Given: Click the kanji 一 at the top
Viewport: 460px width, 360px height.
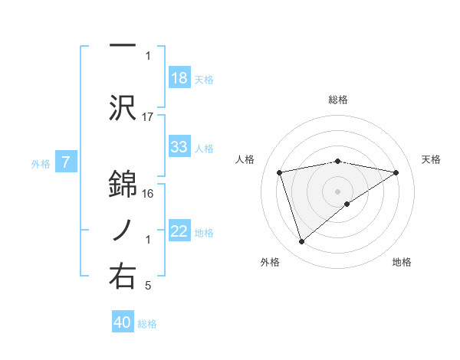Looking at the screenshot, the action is point(123,46).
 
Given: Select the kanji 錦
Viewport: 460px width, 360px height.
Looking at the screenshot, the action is point(123,182).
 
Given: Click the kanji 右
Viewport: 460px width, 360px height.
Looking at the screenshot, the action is point(123,276).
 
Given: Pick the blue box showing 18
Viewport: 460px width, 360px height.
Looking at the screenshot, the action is point(179,78).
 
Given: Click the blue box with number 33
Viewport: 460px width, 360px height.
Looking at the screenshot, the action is point(179,147).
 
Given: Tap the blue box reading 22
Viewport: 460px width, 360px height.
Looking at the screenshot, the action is point(179,232).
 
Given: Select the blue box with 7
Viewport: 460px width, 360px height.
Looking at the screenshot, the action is point(66,162).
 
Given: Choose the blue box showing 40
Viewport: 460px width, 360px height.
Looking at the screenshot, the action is point(123,322).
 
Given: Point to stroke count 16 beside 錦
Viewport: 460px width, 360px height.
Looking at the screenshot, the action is point(148,193).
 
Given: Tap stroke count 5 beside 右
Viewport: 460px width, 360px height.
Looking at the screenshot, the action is point(148,286).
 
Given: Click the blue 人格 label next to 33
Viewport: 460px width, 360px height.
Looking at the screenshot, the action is point(204,148).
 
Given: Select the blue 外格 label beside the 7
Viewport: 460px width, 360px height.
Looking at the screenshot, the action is point(41,163).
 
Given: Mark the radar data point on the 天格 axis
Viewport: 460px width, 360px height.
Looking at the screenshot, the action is point(396,172).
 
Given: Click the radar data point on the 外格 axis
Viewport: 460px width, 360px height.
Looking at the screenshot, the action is point(301,242).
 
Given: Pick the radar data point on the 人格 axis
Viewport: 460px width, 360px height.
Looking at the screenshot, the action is point(280,172).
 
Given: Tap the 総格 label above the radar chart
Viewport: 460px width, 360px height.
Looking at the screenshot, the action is point(338,100).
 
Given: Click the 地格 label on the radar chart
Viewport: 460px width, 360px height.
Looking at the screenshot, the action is point(402,262).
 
